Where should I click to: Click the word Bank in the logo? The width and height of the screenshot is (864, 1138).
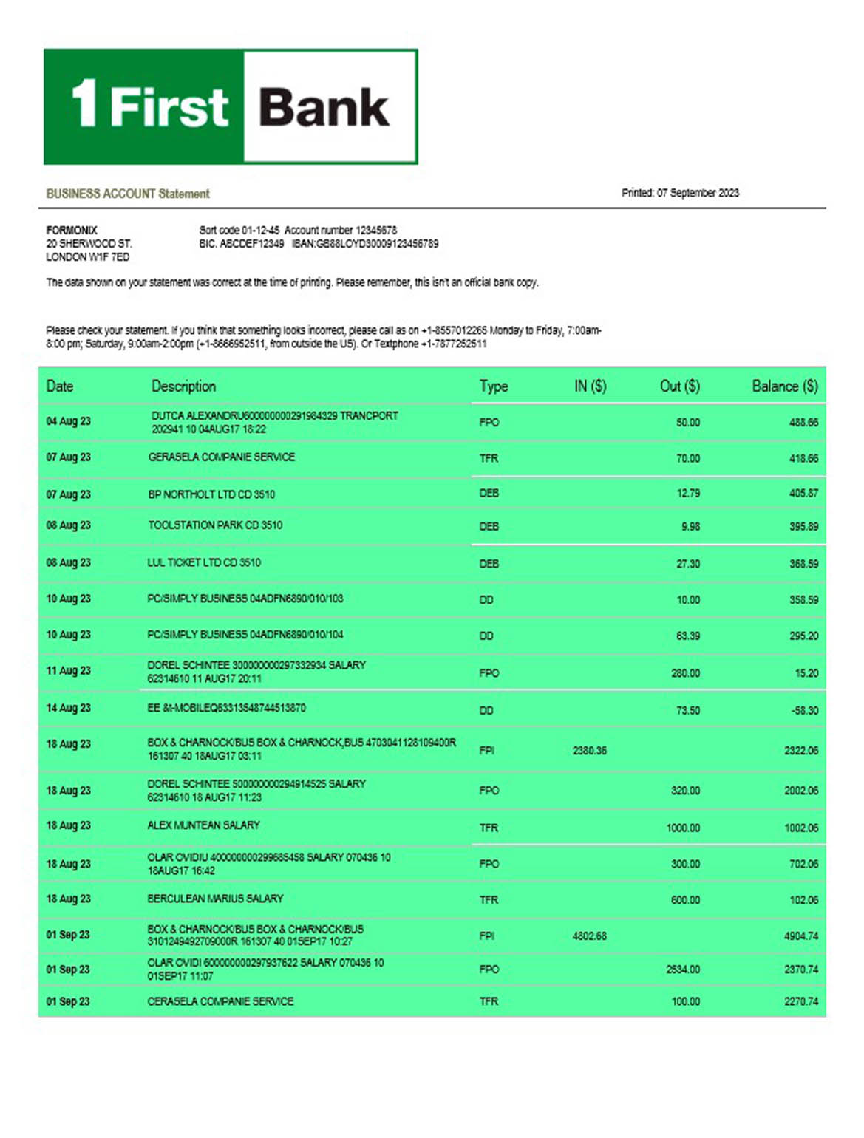pyautogui.click(x=324, y=108)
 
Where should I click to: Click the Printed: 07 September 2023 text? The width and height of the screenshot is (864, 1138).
pyautogui.click(x=680, y=193)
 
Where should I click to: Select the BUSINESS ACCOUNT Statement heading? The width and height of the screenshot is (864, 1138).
pyautogui.click(x=128, y=194)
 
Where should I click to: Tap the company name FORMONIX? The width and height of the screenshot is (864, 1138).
pyautogui.click(x=72, y=230)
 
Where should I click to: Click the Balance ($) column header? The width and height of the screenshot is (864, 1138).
pyautogui.click(x=784, y=386)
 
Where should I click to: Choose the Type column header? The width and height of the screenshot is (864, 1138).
pyautogui.click(x=493, y=386)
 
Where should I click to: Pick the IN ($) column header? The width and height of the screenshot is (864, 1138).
pyautogui.click(x=590, y=386)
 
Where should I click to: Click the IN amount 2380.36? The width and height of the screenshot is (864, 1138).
pyautogui.click(x=589, y=750)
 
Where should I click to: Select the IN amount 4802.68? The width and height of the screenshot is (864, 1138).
pyautogui.click(x=589, y=936)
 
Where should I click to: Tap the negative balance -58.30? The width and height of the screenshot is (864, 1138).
pyautogui.click(x=804, y=710)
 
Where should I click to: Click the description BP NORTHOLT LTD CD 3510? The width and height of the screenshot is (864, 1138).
pyautogui.click(x=211, y=494)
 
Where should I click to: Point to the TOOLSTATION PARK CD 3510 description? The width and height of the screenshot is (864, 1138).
pyautogui.click(x=215, y=525)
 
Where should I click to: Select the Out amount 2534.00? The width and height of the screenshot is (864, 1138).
pyautogui.click(x=683, y=969)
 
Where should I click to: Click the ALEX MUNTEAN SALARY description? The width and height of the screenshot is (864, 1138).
pyautogui.click(x=203, y=825)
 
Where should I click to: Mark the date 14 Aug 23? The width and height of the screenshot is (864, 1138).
pyautogui.click(x=68, y=708)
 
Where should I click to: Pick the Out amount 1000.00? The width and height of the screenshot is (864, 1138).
pyautogui.click(x=683, y=828)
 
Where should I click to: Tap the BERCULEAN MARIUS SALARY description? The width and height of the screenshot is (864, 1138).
pyautogui.click(x=215, y=899)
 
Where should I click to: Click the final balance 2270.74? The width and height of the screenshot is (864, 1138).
pyautogui.click(x=801, y=1001)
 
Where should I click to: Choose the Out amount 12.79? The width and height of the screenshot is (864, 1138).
pyautogui.click(x=688, y=493)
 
